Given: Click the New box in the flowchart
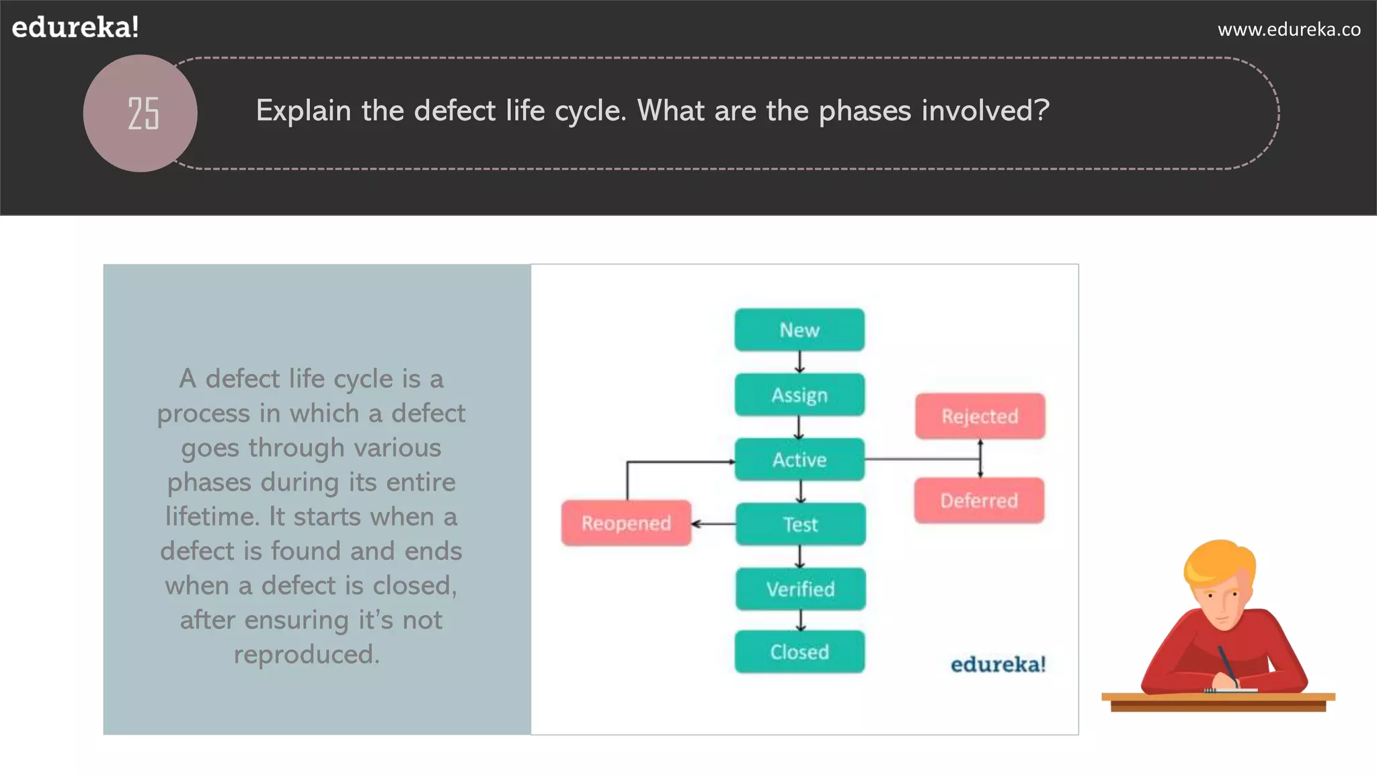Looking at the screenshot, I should click(799, 330).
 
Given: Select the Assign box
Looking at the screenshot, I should click(799, 395).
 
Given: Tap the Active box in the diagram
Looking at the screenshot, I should click(799, 459).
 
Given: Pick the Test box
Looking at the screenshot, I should click(800, 524).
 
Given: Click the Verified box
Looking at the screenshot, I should click(800, 589).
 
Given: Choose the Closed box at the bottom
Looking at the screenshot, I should click(799, 652).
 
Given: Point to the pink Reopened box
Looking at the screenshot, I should click(626, 523).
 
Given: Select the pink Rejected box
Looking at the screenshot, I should click(980, 416).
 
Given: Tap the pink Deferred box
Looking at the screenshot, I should click(979, 501).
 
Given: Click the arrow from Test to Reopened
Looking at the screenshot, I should click(713, 524).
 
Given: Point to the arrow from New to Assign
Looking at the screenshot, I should click(799, 362).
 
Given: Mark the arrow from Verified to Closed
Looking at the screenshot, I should click(800, 620).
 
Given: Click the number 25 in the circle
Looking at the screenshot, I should click(143, 113).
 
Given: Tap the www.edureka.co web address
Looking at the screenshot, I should click(1289, 30).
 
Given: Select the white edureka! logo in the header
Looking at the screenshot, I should click(75, 28).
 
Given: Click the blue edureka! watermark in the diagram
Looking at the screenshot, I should click(998, 665).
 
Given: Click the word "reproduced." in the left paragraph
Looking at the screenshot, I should click(307, 655).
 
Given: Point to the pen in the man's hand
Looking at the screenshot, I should click(1228, 666).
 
